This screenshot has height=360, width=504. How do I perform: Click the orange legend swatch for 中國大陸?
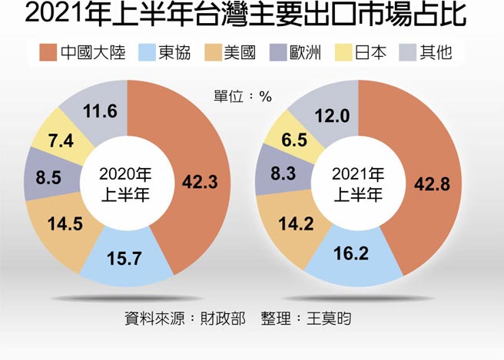coord(48,53)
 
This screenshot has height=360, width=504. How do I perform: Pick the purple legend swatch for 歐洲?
coord(281,53)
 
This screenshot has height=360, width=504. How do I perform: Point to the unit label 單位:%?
coord(244,97)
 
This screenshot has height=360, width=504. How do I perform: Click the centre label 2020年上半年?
coord(124,184)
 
